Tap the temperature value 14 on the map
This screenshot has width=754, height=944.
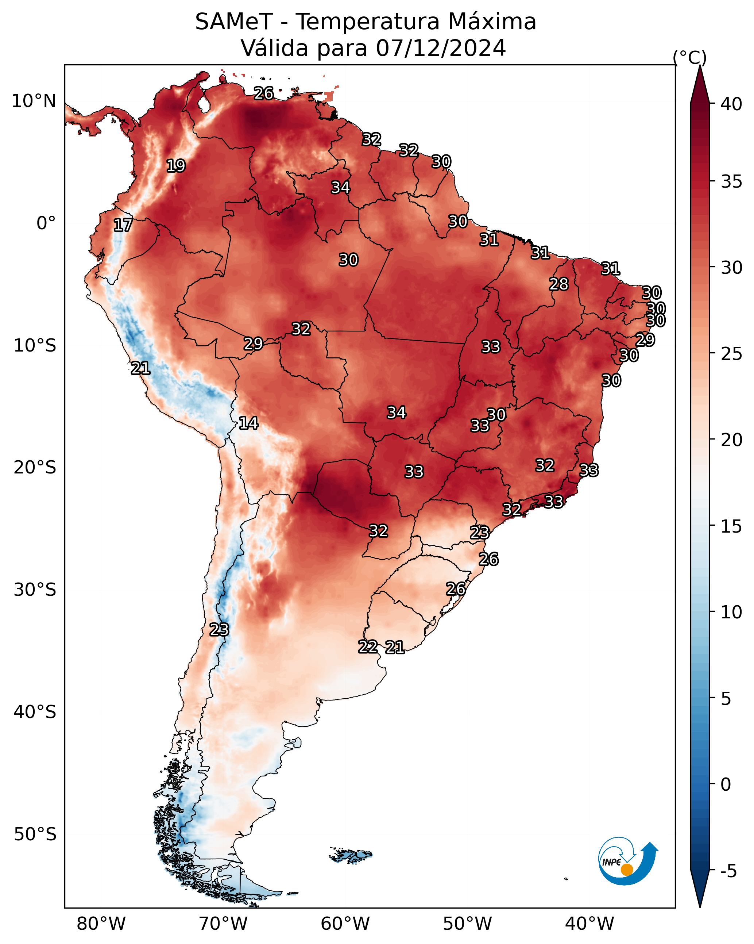[248, 423]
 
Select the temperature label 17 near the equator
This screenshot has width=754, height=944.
[123, 225]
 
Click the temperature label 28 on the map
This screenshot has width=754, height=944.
[559, 284]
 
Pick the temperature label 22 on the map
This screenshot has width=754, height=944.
[368, 647]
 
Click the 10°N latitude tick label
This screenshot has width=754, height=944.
[34, 101]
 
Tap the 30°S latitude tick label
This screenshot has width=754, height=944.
[35, 590]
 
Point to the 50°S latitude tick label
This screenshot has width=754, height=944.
[35, 834]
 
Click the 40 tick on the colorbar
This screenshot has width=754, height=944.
[731, 104]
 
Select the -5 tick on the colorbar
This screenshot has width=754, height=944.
[728, 871]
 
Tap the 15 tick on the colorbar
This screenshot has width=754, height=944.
[731, 526]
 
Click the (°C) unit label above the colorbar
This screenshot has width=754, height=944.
[690, 58]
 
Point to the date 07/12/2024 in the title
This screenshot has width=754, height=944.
[441, 48]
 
